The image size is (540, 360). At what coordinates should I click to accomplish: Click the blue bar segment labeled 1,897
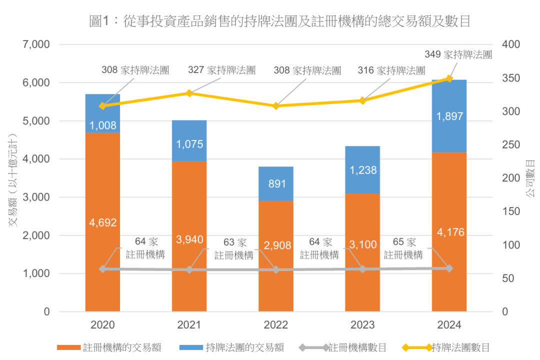point(449,116)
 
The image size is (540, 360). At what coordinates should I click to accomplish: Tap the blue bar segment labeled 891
point(276,183)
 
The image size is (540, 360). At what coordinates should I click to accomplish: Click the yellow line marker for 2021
point(189,93)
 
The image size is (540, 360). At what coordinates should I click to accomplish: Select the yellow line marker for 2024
point(449,78)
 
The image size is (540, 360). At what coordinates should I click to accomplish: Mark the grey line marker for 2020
point(102,269)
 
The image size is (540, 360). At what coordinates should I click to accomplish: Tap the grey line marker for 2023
point(362,269)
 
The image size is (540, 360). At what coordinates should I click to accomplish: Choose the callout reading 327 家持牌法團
point(221,70)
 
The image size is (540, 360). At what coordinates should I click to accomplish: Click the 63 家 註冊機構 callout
point(234,248)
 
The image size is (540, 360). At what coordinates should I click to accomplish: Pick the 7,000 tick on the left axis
point(36,44)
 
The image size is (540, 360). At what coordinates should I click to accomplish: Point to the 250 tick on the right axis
point(511,144)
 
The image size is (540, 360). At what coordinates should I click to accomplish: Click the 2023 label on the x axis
point(362,325)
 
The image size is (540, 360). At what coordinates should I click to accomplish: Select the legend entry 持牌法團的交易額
point(245,347)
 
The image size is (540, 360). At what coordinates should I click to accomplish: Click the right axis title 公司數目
point(530,178)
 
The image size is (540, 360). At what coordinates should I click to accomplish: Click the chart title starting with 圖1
point(279,21)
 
